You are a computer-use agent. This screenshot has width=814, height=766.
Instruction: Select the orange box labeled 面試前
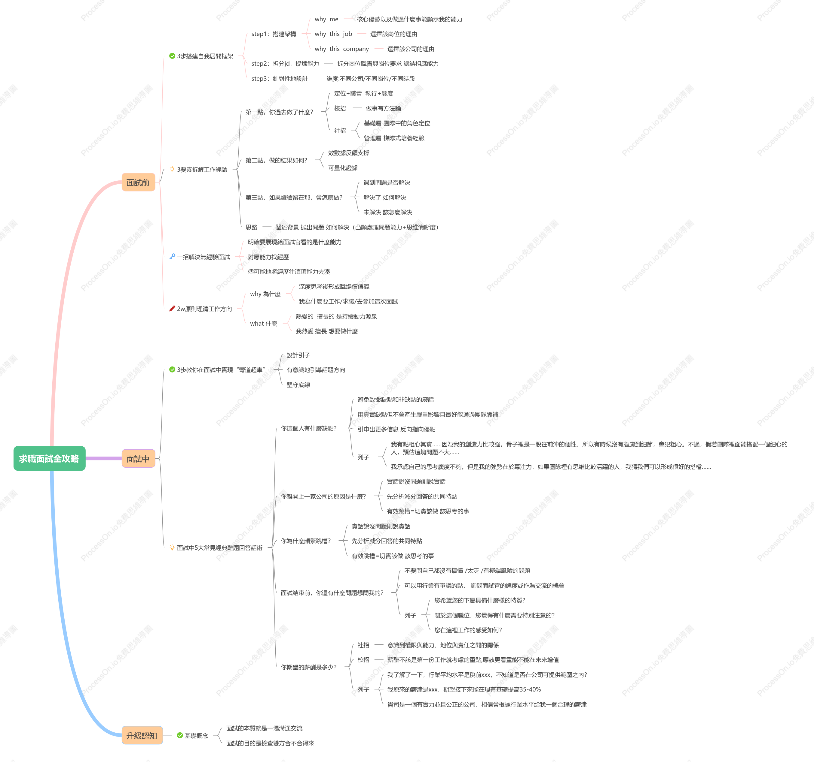138,182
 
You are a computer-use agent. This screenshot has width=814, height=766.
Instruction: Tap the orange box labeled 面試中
138,458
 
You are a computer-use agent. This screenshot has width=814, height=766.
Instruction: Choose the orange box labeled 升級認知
142,735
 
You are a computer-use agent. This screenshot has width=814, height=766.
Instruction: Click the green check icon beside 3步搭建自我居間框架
172,56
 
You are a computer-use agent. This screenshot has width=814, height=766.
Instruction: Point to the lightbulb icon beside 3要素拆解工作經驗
172,169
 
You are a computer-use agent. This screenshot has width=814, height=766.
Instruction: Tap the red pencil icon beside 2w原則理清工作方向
172,308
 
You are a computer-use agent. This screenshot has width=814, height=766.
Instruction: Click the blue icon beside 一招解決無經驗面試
172,256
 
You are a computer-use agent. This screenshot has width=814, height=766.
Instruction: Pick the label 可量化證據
343,168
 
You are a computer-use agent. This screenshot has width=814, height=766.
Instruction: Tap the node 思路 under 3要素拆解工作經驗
251,227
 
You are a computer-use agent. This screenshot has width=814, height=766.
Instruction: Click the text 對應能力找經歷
268,257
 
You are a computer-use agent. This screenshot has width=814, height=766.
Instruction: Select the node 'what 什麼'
264,324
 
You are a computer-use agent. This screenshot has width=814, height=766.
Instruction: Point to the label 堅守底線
298,385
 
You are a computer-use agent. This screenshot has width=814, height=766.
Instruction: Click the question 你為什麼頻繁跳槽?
305,541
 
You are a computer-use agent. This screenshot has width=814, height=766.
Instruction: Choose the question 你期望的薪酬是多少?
308,667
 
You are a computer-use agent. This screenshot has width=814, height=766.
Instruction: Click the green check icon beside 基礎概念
180,735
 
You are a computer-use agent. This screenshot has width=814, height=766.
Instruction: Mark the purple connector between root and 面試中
104,458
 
